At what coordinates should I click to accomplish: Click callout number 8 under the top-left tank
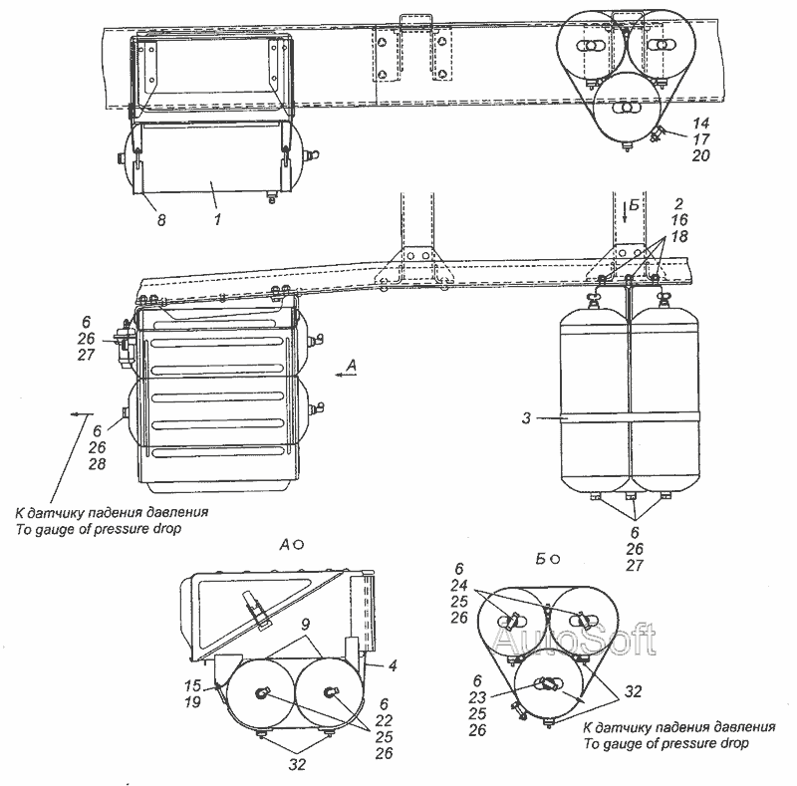[161, 220]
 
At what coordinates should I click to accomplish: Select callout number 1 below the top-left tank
[217, 219]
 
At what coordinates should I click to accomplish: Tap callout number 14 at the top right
[700, 124]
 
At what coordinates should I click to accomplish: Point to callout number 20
[700, 155]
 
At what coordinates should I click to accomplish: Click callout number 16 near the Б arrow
[679, 220]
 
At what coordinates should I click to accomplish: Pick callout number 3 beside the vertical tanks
[526, 418]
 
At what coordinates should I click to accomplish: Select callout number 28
[97, 463]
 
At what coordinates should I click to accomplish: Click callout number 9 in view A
[305, 625]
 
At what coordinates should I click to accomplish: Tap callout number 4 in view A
[393, 665]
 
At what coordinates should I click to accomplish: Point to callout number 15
[192, 685]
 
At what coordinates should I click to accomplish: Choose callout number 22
[384, 720]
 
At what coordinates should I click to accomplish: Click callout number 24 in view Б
[459, 585]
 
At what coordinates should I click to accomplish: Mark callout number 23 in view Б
[477, 697]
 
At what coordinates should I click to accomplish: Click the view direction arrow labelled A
[346, 376]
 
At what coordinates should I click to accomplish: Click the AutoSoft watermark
[575, 639]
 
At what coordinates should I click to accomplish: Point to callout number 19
[192, 702]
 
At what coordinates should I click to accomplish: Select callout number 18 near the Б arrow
[679, 236]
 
